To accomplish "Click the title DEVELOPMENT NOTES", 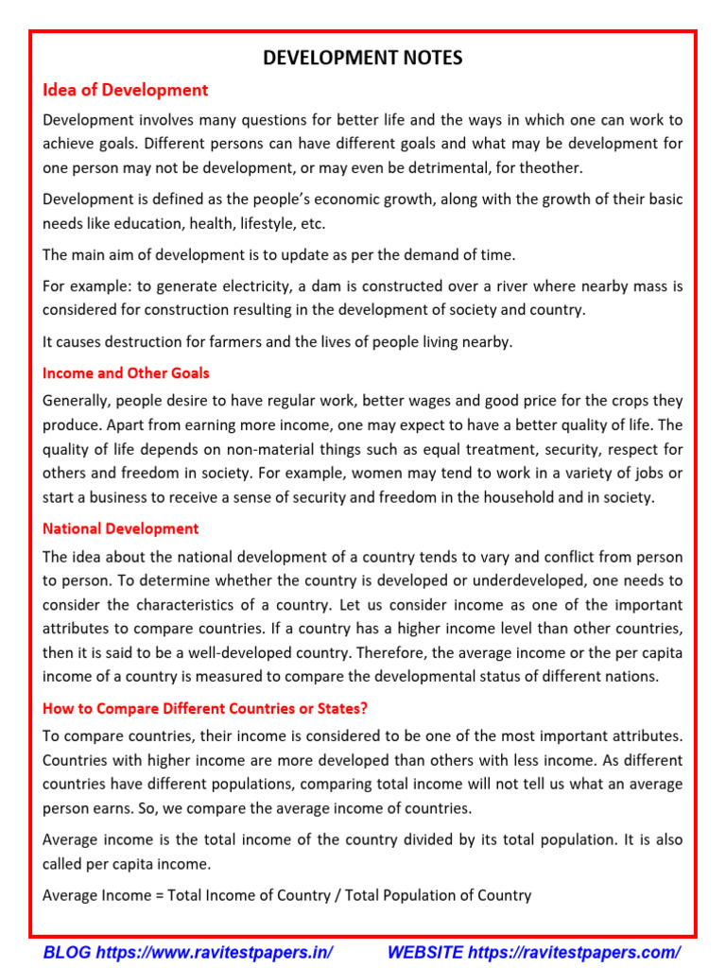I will pyautogui.click(x=363, y=59).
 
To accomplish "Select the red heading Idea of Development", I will pyautogui.click(x=125, y=91).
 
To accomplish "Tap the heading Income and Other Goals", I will pyautogui.click(x=126, y=373).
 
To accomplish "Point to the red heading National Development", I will pyautogui.click(x=121, y=528).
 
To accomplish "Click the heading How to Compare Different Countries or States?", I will pyautogui.click(x=205, y=709).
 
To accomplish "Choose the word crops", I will pyautogui.click(x=627, y=401).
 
